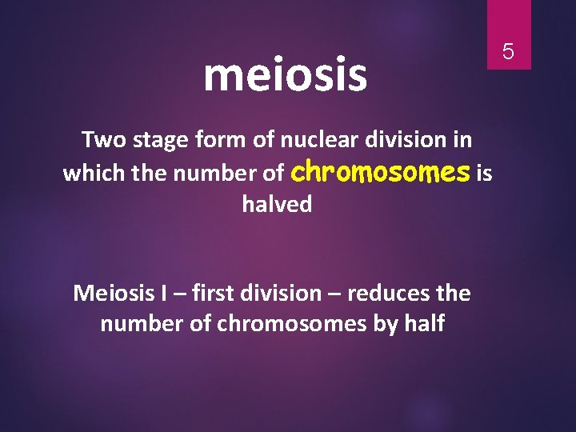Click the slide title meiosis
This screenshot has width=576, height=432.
pos(285,74)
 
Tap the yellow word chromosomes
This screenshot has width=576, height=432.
pos(382,172)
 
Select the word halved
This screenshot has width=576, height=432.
pos(277,205)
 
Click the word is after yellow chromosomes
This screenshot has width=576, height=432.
pos(484,174)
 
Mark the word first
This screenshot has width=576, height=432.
pos(220,293)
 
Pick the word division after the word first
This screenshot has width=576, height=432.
pos(290,293)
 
